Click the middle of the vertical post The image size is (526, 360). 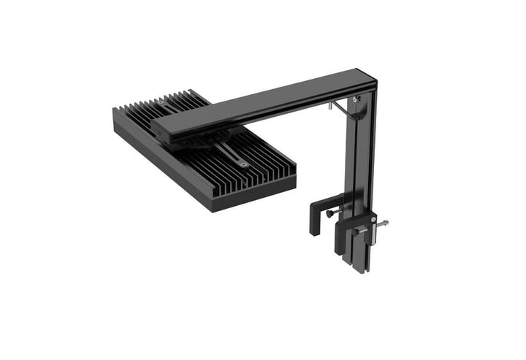[362, 161]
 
